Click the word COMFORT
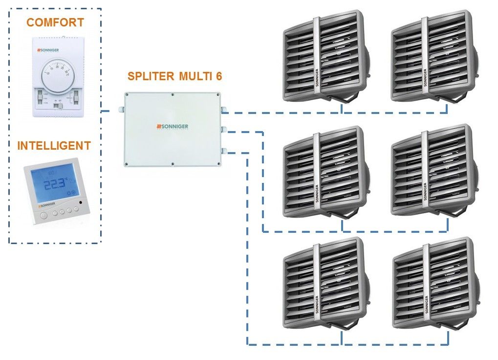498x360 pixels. pyautogui.click(x=55, y=22)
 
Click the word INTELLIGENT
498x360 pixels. pyautogui.click(x=54, y=146)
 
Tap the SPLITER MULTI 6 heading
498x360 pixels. pyautogui.click(x=175, y=76)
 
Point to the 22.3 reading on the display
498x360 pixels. pyautogui.click(x=55, y=184)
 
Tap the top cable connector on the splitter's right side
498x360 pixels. pyautogui.click(x=223, y=111)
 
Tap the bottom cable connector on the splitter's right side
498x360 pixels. pyautogui.click(x=223, y=151)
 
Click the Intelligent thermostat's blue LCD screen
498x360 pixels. pyautogui.click(x=55, y=183)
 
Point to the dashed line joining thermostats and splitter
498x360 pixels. pyautogui.click(x=108, y=112)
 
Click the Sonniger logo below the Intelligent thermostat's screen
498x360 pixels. pyautogui.click(x=46, y=205)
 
